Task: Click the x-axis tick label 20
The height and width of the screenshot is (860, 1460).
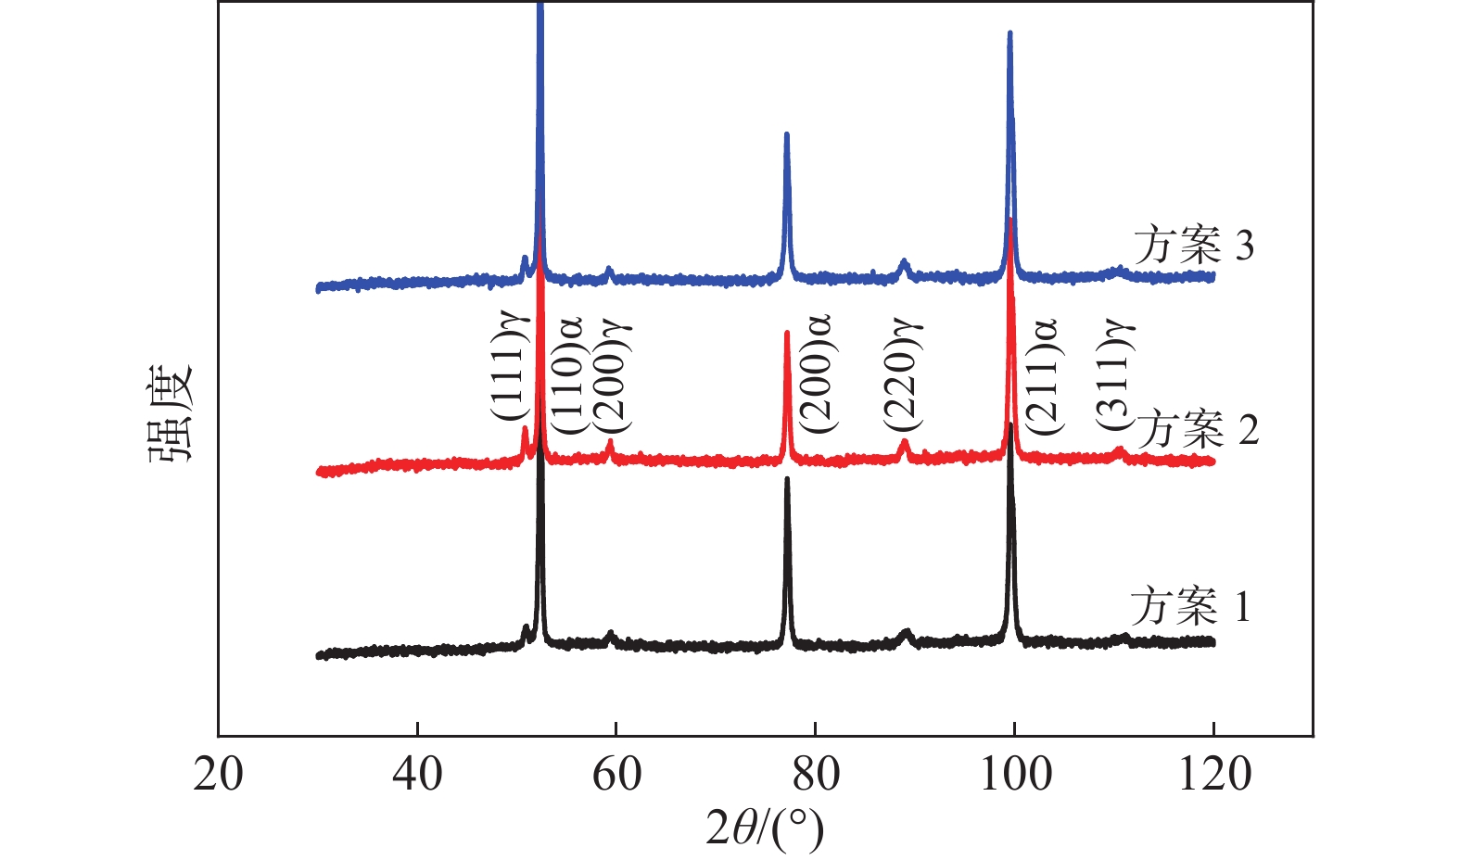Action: (x=219, y=775)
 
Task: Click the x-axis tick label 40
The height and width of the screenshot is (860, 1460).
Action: (x=417, y=775)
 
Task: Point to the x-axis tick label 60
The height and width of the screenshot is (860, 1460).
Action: (x=616, y=775)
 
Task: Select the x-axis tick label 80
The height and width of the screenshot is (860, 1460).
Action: (x=816, y=775)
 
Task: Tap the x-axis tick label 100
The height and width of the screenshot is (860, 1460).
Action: (x=1015, y=775)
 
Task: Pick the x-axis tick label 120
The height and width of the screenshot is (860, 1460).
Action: (x=1213, y=775)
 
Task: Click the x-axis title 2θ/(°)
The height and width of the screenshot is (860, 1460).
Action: (x=764, y=828)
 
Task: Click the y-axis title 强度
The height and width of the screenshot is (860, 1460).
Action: (x=170, y=411)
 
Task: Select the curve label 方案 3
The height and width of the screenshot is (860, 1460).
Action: (x=1193, y=245)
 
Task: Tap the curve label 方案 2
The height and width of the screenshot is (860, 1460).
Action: (x=1197, y=429)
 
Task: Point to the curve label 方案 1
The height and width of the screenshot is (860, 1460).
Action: (x=1189, y=606)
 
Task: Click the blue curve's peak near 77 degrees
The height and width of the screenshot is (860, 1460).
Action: (x=787, y=135)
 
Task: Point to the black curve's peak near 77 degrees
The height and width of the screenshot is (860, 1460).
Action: (x=787, y=480)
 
